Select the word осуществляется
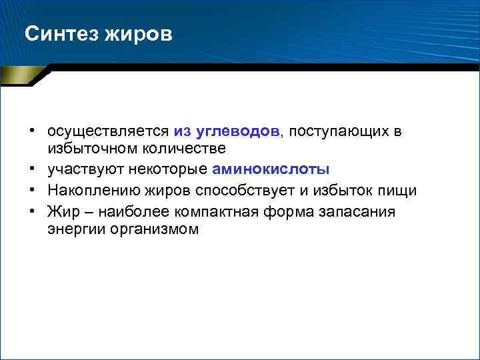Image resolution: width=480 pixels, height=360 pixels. [109, 132]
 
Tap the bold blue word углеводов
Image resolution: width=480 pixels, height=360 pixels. [238, 132]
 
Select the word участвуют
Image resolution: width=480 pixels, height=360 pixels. [83, 169]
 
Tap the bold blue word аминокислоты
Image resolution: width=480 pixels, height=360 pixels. [271, 169]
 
